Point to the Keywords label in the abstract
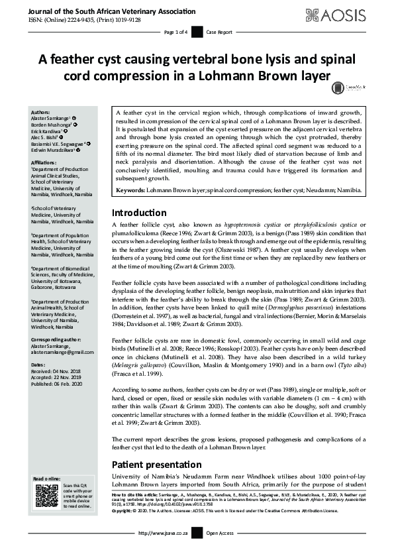(x=130, y=191)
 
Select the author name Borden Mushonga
(x=51, y=124)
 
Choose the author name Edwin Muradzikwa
(x=54, y=150)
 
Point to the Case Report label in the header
(x=219, y=31)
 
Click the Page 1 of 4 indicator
(x=175, y=31)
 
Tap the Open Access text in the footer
(x=220, y=551)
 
